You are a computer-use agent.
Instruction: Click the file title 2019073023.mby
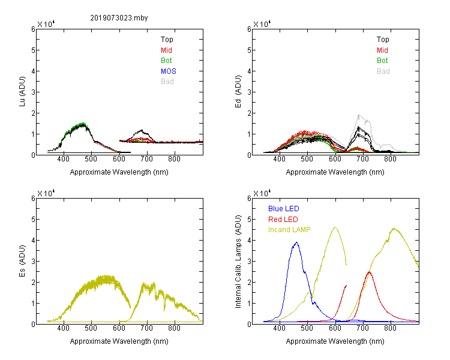[x=119, y=18]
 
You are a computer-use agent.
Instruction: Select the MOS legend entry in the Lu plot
[x=169, y=71]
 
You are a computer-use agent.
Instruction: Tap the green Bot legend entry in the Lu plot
[x=166, y=61]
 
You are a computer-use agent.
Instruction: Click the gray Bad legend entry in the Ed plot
[x=383, y=71]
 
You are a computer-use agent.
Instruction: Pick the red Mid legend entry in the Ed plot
[x=382, y=50]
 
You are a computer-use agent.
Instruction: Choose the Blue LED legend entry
[x=284, y=209]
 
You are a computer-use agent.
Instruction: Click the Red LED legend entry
[x=283, y=220]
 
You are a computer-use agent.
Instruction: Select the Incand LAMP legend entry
[x=289, y=230]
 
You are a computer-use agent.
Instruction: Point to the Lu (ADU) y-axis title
[x=22, y=92]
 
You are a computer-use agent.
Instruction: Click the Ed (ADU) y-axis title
[x=238, y=92]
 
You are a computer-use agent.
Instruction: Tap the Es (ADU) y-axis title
[x=22, y=261]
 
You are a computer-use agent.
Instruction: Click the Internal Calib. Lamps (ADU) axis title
[x=238, y=262]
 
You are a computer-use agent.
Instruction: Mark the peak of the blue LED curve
[x=296, y=242]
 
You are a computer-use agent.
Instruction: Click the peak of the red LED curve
[x=369, y=272]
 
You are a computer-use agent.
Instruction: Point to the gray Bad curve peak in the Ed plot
[x=359, y=115]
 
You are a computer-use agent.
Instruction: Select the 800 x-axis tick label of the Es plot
[x=174, y=328]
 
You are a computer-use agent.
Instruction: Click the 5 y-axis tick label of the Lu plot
[x=33, y=50]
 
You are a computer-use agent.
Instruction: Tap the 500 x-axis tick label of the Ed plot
[x=307, y=159]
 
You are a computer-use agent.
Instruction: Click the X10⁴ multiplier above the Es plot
[x=46, y=193]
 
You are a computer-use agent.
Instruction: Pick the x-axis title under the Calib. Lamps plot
[x=335, y=341]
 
